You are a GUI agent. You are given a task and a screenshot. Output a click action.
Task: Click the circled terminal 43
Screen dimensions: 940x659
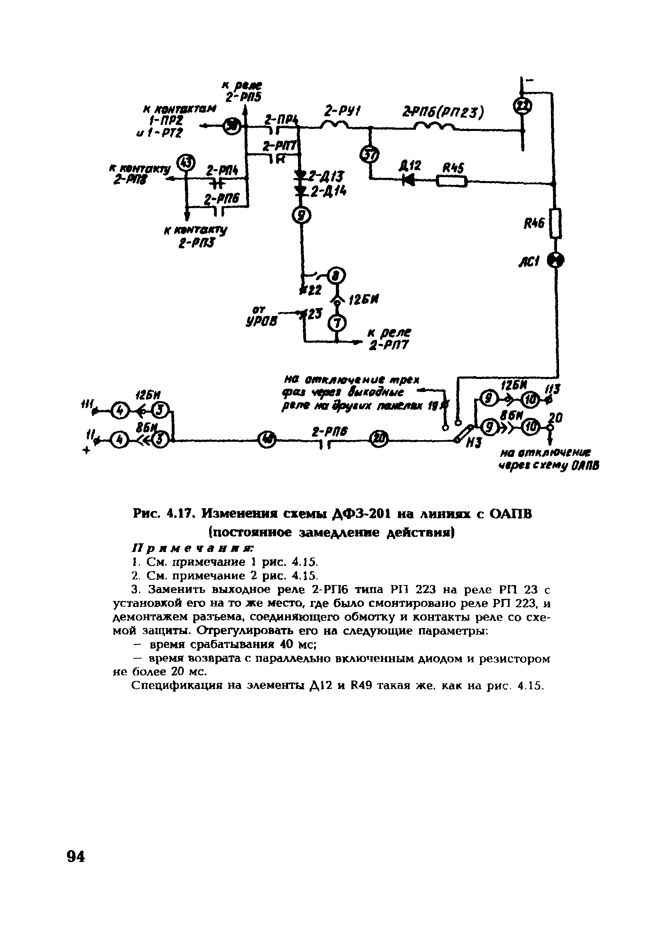point(186,162)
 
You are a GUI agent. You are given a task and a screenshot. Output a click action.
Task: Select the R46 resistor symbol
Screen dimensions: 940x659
point(555,224)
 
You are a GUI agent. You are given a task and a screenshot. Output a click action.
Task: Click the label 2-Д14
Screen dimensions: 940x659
point(328,191)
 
